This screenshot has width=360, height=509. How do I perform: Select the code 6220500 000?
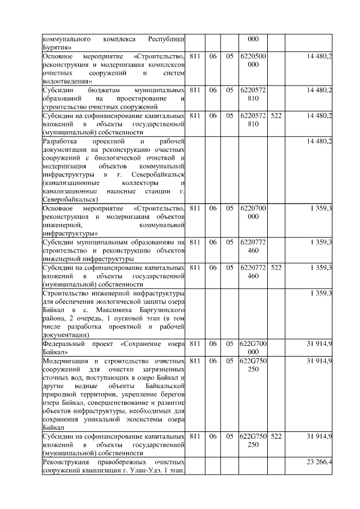tap(253, 61)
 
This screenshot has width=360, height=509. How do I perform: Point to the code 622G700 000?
tap(253, 347)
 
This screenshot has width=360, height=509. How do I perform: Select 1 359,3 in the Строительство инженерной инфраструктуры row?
tap(321, 293)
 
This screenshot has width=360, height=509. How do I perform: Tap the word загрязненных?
tap(161, 368)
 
